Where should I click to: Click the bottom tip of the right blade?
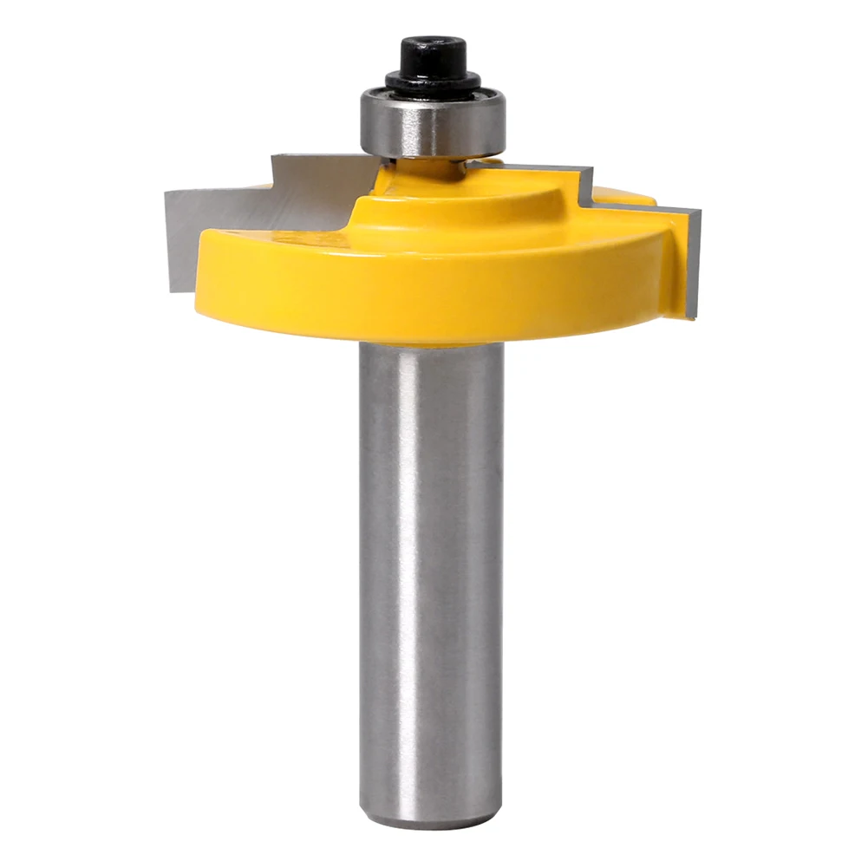pyautogui.click(x=690, y=316)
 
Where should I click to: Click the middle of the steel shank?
pyautogui.click(x=431, y=572)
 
